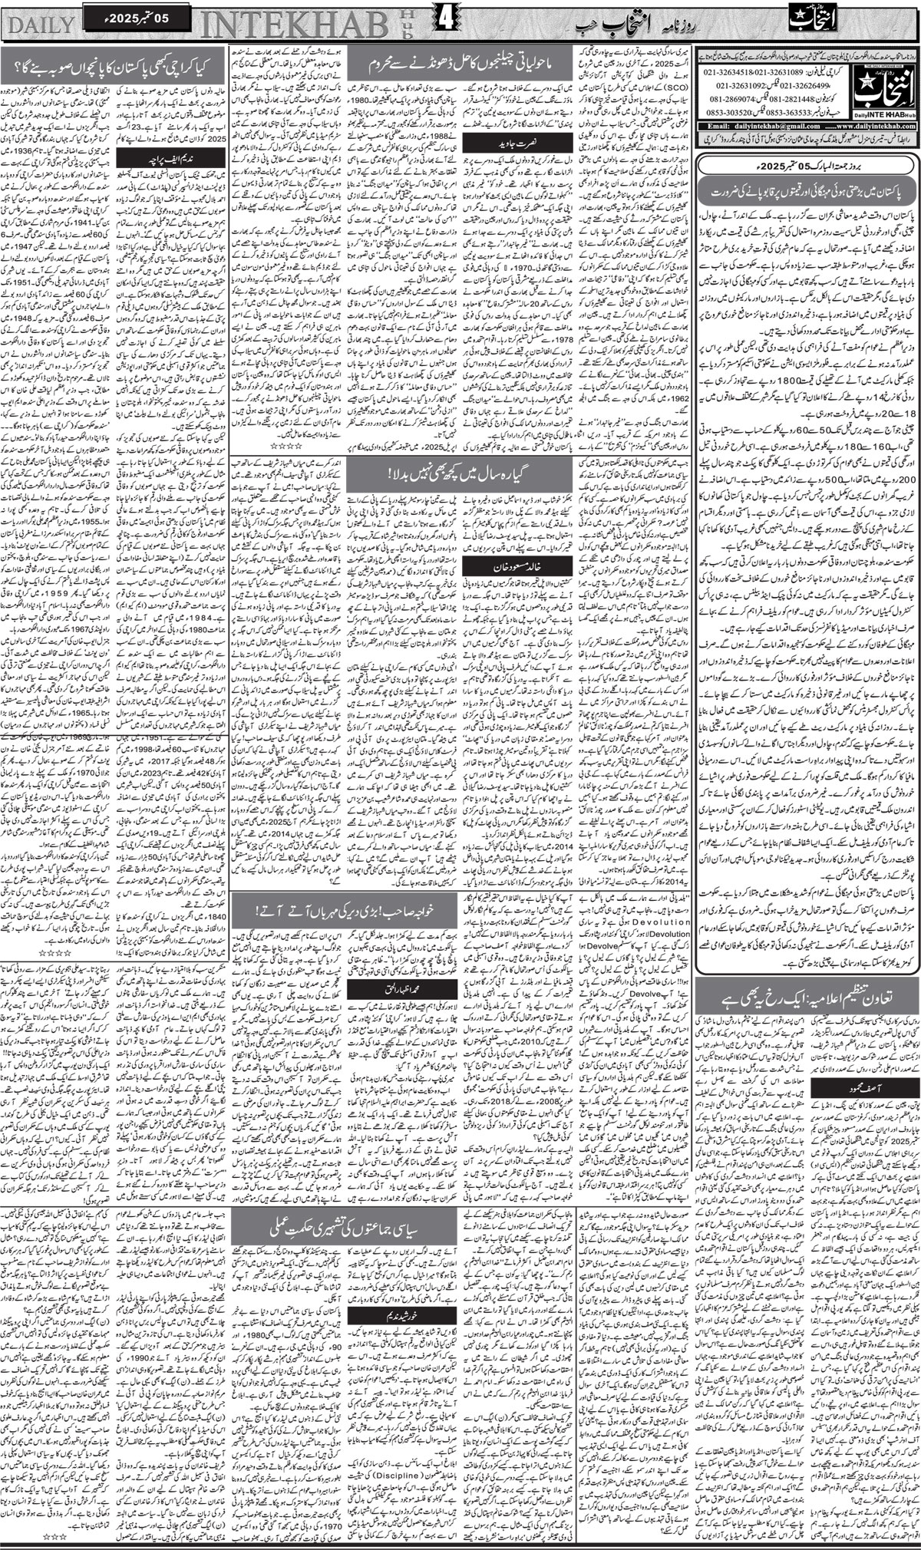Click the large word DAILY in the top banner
point(40,23)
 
